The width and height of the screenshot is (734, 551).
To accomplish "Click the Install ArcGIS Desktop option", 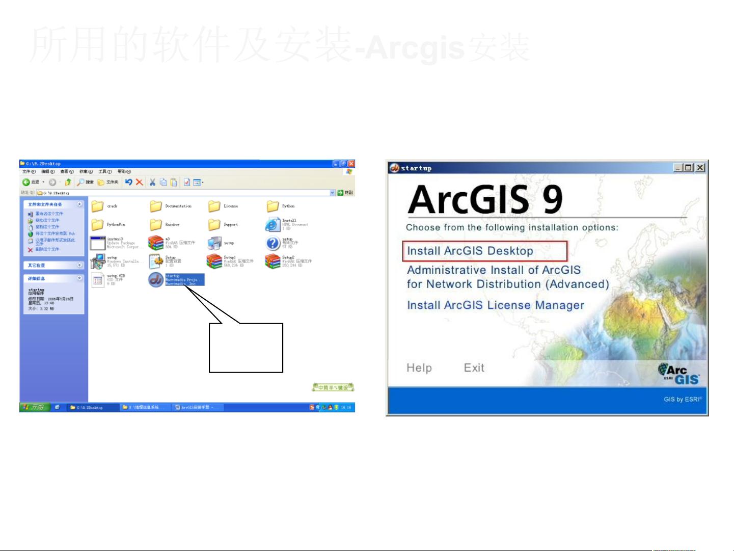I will (470, 251).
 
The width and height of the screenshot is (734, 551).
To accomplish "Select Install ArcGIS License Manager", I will (495, 305).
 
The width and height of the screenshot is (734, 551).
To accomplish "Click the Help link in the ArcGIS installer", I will (419, 368).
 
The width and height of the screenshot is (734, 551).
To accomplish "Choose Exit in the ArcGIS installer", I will (474, 368).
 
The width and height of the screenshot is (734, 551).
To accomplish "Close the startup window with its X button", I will (700, 168).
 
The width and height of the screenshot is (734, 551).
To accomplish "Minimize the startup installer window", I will (678, 168).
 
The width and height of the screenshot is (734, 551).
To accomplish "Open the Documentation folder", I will (156, 206).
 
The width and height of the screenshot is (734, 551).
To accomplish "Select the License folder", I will (214, 206).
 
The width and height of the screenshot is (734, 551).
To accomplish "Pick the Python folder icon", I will (273, 206).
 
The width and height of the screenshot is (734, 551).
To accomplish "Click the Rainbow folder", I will (156, 225).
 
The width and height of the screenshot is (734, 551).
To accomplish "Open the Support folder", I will (214, 225).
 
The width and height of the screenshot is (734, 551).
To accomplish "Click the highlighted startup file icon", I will (156, 279).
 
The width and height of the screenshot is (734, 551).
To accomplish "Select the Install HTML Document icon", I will (273, 224).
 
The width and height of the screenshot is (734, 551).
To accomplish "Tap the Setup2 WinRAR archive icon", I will (273, 261).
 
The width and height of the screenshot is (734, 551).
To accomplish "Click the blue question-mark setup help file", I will (273, 243).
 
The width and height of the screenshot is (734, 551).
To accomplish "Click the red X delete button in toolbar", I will (139, 182).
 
